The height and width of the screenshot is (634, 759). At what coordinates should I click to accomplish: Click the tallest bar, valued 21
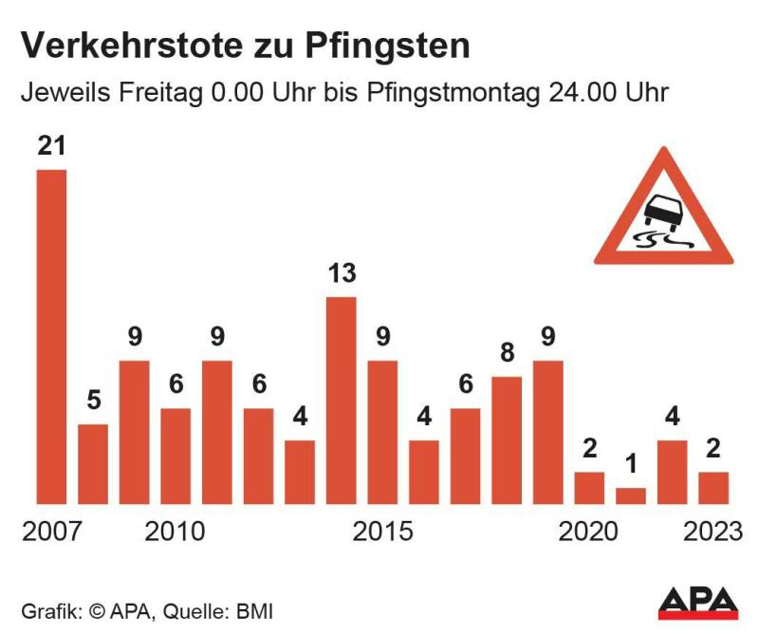click(51, 337)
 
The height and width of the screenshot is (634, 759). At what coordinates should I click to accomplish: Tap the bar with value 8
click(508, 440)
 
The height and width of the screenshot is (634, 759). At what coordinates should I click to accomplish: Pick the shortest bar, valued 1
click(631, 495)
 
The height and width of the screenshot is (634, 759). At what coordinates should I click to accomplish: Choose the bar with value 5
click(93, 464)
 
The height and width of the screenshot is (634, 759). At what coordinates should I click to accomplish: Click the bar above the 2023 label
click(713, 488)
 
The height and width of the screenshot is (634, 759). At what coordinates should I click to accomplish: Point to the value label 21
click(51, 147)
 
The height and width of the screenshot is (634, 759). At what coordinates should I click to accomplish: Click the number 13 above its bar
click(342, 274)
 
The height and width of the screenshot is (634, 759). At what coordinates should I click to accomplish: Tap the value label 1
click(631, 466)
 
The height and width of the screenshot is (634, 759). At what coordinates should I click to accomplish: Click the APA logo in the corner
click(698, 602)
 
